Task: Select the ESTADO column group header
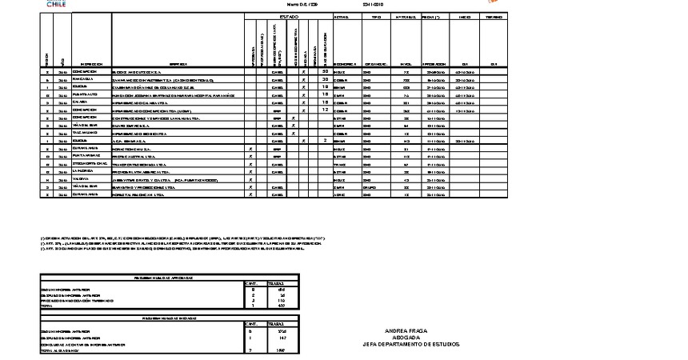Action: [289, 17]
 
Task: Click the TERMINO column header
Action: [494, 17]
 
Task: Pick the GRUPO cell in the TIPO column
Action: [370, 186]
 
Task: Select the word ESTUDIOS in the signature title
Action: [445, 344]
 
